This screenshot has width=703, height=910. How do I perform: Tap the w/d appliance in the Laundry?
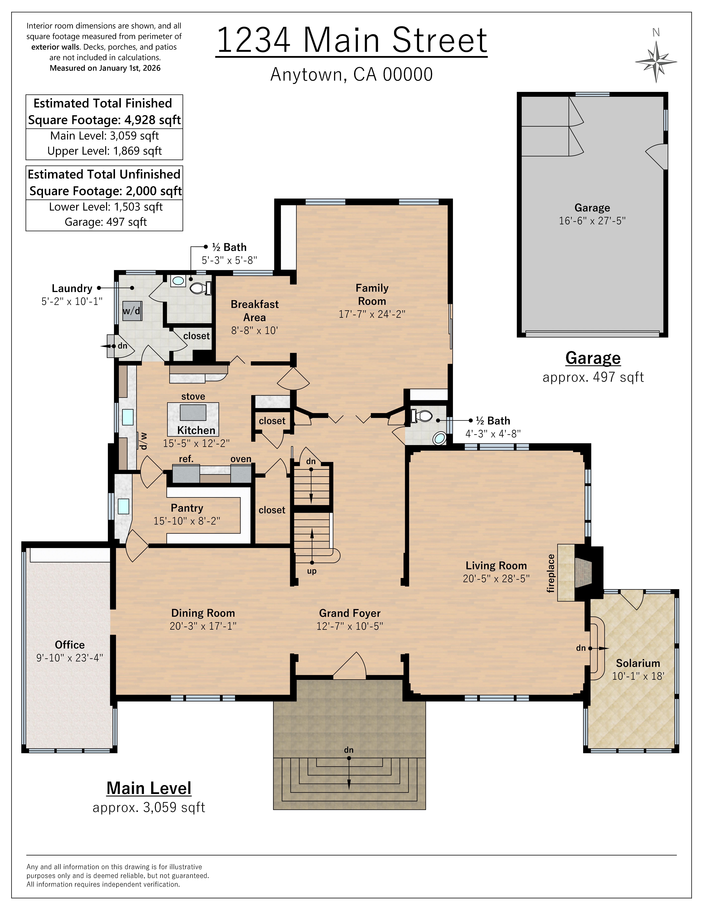[x=132, y=311]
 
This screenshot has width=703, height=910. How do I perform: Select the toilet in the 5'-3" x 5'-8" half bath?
[x=200, y=288]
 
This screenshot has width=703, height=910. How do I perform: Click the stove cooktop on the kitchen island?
[x=193, y=413]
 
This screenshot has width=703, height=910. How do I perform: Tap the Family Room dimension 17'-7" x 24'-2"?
[x=371, y=314]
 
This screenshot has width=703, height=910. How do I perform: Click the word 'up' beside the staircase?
[x=312, y=571]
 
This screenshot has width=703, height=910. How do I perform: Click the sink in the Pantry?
[x=123, y=506]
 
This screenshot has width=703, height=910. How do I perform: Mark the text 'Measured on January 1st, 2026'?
[x=105, y=68]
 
